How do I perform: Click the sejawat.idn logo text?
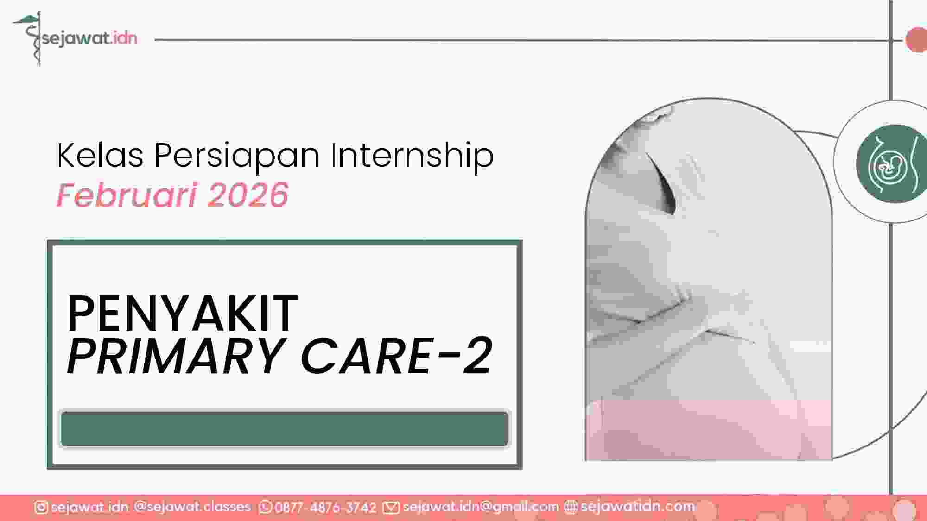(90, 38)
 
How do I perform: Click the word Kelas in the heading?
(100, 155)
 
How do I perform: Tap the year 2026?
(248, 195)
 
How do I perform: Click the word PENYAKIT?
(183, 314)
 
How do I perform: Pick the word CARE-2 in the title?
(397, 356)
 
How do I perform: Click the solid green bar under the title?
(285, 429)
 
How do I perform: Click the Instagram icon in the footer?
(41, 508)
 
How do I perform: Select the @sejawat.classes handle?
(192, 507)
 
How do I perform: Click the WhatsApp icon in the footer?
(266, 508)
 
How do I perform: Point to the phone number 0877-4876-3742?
(325, 508)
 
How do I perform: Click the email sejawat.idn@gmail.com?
(481, 507)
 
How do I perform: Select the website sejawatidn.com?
(638, 507)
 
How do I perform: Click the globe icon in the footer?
(571, 508)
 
